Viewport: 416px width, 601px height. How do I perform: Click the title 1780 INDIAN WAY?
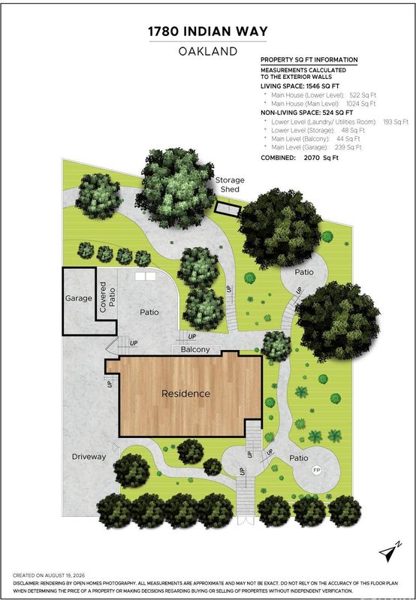click(208, 32)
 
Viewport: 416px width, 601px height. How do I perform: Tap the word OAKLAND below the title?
click(208, 51)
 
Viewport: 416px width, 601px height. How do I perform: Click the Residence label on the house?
click(185, 394)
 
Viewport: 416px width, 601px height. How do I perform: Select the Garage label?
click(79, 298)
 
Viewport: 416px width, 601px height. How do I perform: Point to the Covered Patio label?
click(107, 297)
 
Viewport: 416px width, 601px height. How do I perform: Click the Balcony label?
click(195, 349)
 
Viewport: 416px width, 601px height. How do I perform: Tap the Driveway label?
click(89, 457)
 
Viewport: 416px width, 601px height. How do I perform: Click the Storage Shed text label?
click(230, 184)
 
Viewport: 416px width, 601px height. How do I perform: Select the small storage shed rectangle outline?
click(228, 209)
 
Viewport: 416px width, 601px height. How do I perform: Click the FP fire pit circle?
click(316, 470)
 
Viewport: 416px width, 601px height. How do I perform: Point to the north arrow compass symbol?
click(390, 551)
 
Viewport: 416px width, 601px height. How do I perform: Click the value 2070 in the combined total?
click(312, 158)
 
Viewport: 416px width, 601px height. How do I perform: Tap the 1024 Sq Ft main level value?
click(361, 104)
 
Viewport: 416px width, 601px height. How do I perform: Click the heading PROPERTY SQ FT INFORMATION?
click(309, 60)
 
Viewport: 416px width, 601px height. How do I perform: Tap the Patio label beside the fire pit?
click(299, 458)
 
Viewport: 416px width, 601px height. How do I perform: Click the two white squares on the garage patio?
click(145, 276)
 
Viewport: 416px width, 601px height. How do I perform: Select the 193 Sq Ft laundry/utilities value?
click(396, 122)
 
